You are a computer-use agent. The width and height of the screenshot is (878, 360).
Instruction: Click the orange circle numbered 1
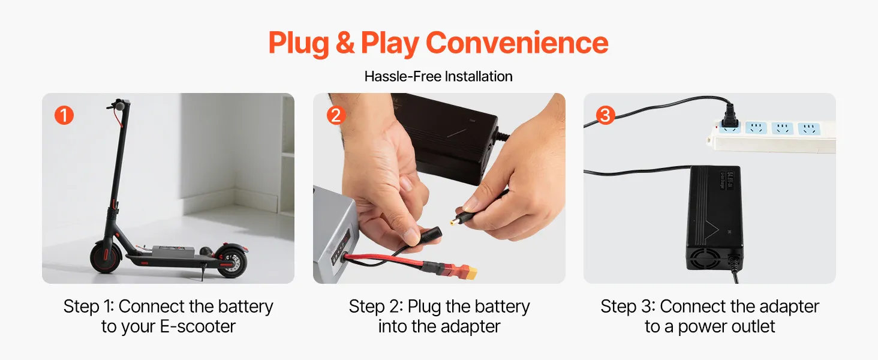pyautogui.click(x=64, y=115)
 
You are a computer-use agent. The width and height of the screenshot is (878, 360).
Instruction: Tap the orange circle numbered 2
pyautogui.click(x=336, y=115)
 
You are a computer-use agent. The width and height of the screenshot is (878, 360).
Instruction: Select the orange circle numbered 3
pyautogui.click(x=605, y=115)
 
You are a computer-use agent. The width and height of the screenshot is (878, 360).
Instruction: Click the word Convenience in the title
pyautogui.click(x=516, y=43)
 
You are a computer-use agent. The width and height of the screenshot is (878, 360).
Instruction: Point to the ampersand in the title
pyautogui.click(x=345, y=43)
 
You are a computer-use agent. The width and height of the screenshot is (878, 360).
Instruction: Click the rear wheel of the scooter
pyautogui.click(x=231, y=261)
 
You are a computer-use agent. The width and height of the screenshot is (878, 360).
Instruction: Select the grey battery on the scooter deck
pyautogui.click(x=173, y=251)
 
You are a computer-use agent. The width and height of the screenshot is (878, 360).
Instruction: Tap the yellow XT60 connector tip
pyautogui.click(x=471, y=272)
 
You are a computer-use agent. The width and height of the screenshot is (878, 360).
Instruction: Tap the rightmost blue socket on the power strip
pyautogui.click(x=808, y=128)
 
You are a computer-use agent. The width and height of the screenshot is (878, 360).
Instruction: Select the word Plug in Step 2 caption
pyautogui.click(x=424, y=307)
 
